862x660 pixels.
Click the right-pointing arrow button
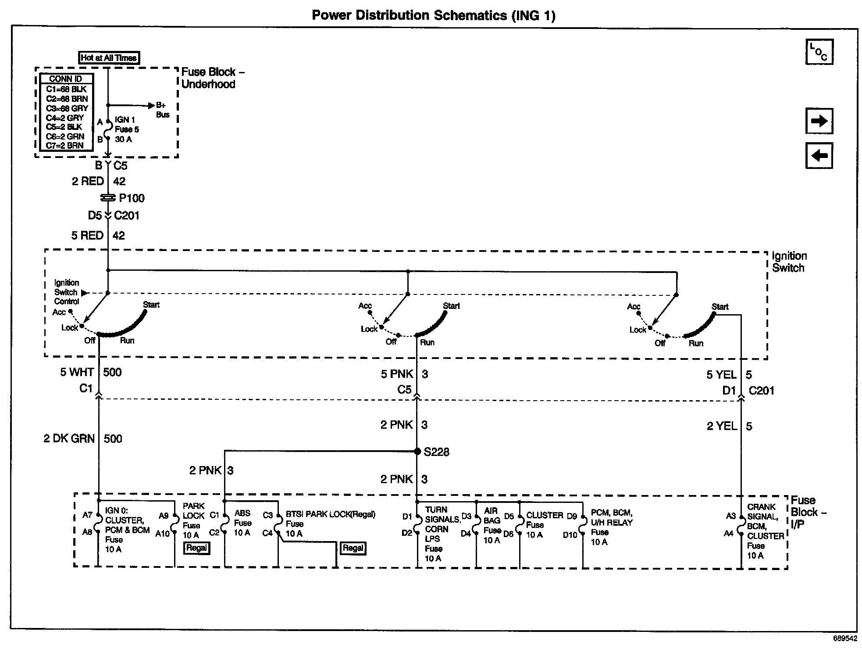(x=819, y=121)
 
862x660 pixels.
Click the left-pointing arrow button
(x=819, y=155)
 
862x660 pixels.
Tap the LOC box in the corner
(x=819, y=52)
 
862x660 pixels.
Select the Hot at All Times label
(x=109, y=57)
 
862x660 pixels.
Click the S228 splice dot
(x=417, y=451)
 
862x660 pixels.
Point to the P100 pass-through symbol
(x=108, y=198)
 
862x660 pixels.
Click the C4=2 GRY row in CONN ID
(x=65, y=118)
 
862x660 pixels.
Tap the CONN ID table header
(x=66, y=79)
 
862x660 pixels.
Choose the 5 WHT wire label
(x=77, y=372)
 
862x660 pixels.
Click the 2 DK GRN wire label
(x=69, y=438)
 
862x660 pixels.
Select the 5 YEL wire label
(x=721, y=375)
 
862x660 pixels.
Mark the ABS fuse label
(x=242, y=523)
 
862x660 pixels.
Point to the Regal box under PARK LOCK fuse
(x=196, y=548)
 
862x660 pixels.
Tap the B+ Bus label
(x=162, y=110)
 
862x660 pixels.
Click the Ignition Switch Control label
(x=67, y=292)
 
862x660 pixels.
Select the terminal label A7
(x=87, y=515)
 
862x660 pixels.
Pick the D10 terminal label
(x=570, y=535)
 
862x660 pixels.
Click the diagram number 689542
(x=845, y=638)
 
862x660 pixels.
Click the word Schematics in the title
(x=470, y=15)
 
